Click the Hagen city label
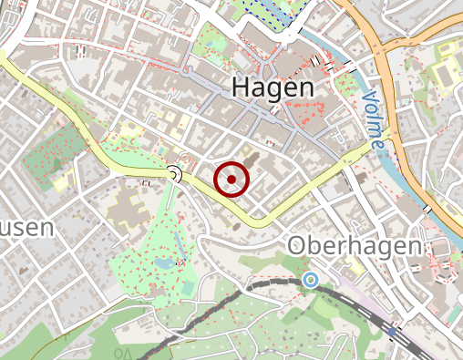click(273, 87)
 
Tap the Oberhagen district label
click(355, 247)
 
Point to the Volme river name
click(374, 118)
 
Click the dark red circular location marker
click(232, 179)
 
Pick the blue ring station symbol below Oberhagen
click(311, 280)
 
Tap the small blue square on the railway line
click(392, 330)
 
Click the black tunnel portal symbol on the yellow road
click(174, 173)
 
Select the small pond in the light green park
click(164, 263)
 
